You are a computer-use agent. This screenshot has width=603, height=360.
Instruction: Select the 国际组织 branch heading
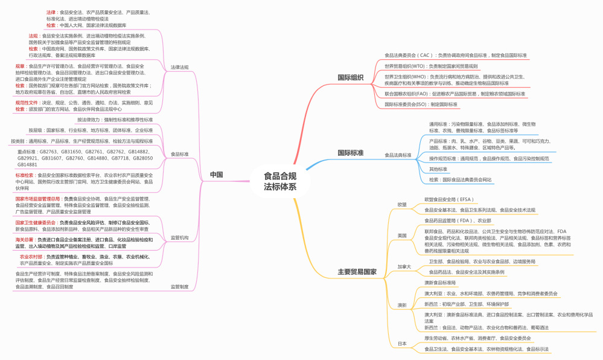tap(350, 77)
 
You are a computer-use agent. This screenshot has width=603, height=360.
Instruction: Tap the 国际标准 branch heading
tap(350, 153)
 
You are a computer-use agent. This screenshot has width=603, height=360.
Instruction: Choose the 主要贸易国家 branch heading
tap(357, 272)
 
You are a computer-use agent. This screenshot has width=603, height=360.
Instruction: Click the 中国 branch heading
tap(216, 175)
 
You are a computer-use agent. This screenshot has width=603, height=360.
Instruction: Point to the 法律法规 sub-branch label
tap(180, 67)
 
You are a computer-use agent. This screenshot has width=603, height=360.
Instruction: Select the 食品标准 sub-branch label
tap(180, 154)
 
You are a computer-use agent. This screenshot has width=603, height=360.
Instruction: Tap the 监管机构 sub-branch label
tap(180, 238)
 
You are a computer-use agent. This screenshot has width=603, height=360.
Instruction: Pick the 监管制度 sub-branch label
tap(180, 286)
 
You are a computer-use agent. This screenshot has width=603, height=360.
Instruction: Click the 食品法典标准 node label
tap(398, 155)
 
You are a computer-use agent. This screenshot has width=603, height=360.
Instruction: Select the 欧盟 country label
tap(402, 204)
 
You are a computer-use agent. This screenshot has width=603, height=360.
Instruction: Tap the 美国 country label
tap(402, 235)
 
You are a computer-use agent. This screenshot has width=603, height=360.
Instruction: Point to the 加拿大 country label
tap(404, 266)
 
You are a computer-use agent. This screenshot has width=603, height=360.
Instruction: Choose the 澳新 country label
tap(402, 304)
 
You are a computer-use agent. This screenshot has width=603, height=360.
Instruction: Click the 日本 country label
tap(402, 343)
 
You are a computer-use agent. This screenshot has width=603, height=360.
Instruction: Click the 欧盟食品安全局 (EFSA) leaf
tap(448, 199)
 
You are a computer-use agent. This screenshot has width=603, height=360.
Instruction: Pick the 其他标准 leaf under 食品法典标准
tap(438, 169)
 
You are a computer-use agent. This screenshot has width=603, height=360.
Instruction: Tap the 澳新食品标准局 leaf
tap(440, 283)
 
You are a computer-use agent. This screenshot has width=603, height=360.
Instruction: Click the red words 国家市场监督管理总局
tap(38, 198)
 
